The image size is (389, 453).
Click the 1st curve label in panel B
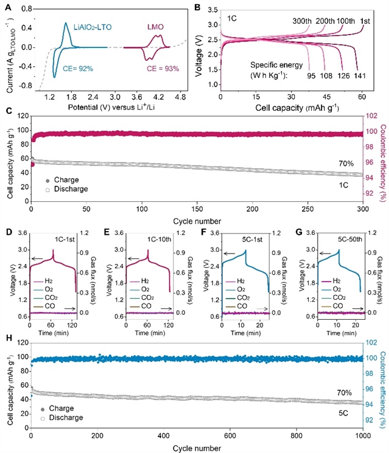(366, 20)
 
